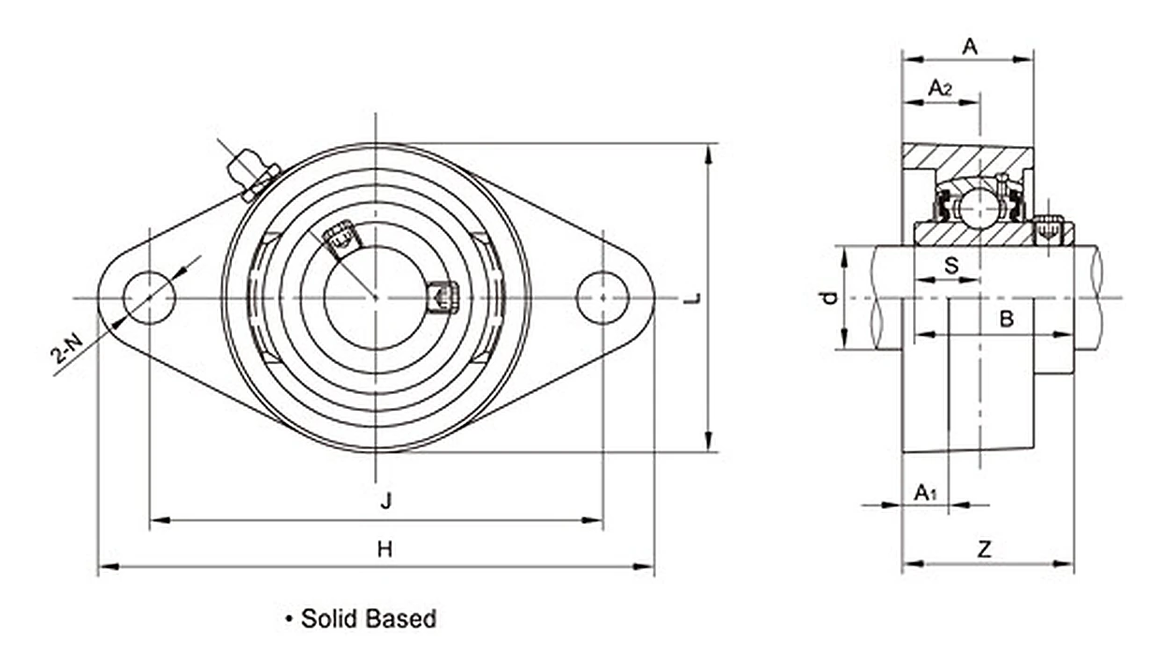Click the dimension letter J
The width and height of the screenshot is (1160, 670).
[x=385, y=501]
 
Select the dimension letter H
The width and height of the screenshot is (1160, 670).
[x=384, y=549]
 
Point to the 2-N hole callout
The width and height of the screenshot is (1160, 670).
[x=66, y=348]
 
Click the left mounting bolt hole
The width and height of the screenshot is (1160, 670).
[x=150, y=298]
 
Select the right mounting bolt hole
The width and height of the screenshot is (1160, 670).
[x=602, y=298]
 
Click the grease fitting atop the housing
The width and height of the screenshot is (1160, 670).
[x=254, y=174]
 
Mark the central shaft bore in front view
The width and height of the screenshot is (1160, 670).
[x=376, y=298]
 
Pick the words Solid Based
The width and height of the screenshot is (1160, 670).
[x=369, y=619]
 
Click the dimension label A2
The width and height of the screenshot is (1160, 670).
[x=940, y=88]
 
